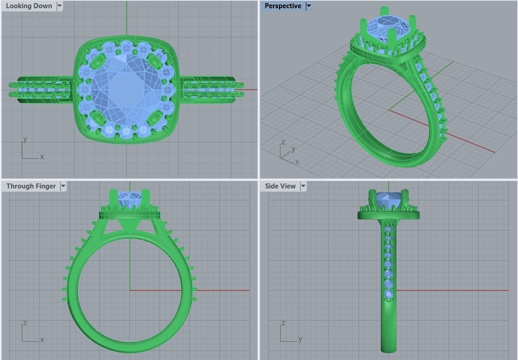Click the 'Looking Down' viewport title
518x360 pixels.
29,6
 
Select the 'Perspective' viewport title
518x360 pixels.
283,6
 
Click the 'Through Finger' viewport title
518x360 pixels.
31,186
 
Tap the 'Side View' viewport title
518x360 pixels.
280,186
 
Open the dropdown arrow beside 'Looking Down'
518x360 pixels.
60,6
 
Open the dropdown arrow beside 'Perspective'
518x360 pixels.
309,6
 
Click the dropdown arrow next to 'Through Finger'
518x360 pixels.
63,186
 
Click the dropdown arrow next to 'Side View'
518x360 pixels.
303,186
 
